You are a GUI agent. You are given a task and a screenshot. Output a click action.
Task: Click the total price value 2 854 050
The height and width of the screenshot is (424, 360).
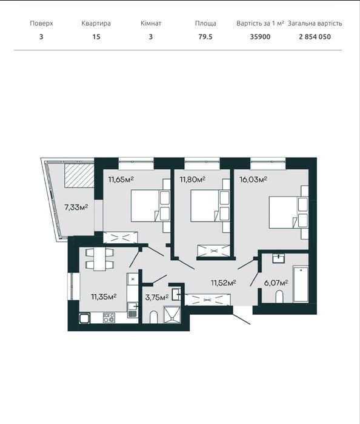click(315, 37)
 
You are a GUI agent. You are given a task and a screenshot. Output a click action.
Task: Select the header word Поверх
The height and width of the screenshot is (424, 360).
click(41, 24)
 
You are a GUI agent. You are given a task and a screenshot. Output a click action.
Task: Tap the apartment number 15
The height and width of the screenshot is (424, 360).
click(96, 37)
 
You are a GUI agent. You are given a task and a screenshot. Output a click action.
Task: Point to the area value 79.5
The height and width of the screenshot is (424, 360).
click(205, 37)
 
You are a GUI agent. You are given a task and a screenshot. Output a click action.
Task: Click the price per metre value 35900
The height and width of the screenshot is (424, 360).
click(260, 37)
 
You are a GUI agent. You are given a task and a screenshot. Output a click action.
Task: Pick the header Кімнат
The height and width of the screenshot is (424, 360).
click(151, 24)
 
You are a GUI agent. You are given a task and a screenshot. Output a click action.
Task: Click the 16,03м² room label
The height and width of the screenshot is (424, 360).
click(253, 180)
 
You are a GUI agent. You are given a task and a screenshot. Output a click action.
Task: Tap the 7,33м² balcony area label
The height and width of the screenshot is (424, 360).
click(76, 207)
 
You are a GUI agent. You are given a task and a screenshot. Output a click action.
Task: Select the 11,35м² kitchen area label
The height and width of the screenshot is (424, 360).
click(104, 297)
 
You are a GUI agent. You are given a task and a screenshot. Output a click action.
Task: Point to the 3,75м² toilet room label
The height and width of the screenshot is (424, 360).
click(157, 297)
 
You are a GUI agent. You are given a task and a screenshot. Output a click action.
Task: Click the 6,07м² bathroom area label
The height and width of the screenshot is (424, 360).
click(276, 283)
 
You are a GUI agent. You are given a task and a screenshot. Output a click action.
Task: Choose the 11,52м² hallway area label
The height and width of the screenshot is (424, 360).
click(224, 283)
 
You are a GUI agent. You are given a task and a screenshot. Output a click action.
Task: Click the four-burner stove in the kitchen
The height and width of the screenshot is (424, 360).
click(109, 317)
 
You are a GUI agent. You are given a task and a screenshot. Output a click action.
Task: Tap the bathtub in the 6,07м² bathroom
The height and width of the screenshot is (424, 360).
click(301, 284)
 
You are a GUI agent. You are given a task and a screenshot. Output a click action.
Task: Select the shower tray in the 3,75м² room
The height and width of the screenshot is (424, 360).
click(172, 314)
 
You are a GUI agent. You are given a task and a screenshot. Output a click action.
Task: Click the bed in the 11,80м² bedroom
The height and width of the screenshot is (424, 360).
click(210, 206)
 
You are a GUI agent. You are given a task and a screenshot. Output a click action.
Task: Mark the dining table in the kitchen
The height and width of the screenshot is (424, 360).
click(100, 259)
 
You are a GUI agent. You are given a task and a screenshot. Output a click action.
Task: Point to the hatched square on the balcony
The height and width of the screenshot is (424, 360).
click(79, 176)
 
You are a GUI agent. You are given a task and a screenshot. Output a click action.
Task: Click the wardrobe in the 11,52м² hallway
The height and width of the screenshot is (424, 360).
click(207, 300)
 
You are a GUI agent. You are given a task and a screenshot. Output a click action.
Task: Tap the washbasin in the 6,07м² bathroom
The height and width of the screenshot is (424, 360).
click(278, 258)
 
